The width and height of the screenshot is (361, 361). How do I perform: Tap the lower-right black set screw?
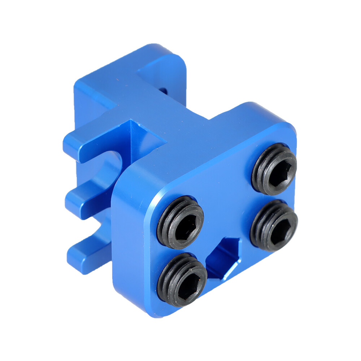[x=274, y=225]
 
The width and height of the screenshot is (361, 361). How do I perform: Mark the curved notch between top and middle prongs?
[x=110, y=168]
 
